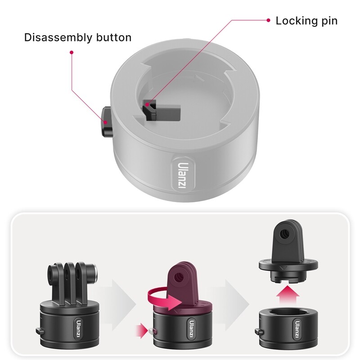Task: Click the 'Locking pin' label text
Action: point(306,21)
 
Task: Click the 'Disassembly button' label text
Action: point(78,37)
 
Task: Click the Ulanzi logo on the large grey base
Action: point(183,175)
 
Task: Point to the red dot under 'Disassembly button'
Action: point(71,52)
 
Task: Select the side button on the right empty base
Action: point(259,332)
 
